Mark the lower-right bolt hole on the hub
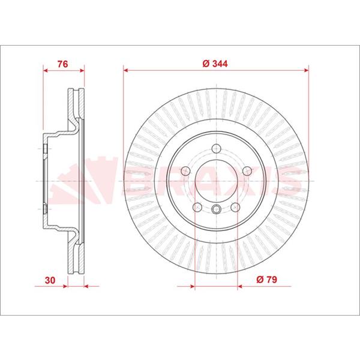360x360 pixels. [235, 208]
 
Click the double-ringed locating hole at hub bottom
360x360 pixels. [215, 209]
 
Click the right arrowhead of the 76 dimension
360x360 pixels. [81, 70]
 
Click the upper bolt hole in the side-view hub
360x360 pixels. [46, 148]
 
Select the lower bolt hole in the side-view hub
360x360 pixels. [46, 209]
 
